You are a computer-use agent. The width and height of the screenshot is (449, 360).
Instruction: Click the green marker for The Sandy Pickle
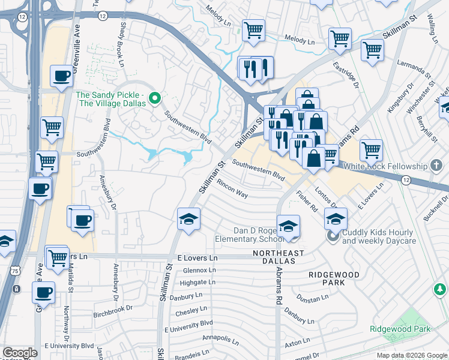tap(155, 97)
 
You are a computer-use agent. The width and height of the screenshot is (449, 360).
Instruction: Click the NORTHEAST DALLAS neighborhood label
tap(278, 257)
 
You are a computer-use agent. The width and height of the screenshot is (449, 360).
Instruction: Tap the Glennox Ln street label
tap(200, 270)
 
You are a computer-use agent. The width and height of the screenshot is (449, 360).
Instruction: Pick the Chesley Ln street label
tap(191, 313)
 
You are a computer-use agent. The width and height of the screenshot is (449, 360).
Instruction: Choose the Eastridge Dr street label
tap(346, 79)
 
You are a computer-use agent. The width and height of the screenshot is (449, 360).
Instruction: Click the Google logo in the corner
tap(19, 353)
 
